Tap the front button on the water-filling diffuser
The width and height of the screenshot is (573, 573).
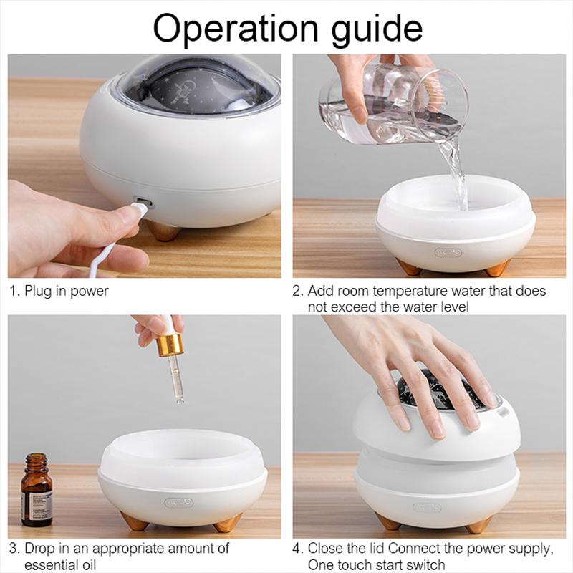[x=448, y=252]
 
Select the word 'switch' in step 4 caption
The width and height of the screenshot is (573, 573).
[x=427, y=565]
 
